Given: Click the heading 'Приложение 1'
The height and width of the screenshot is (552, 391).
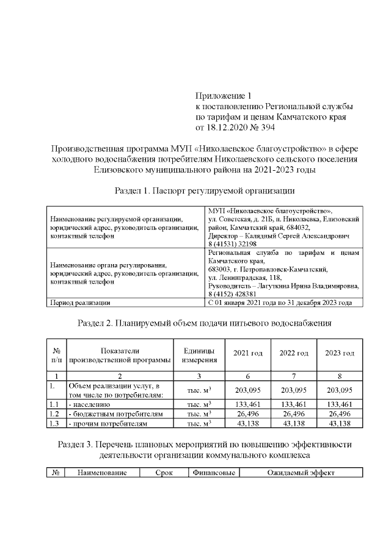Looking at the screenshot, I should pyautogui.click(x=223, y=95).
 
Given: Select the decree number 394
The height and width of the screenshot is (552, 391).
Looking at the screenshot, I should pyautogui.click(x=268, y=127).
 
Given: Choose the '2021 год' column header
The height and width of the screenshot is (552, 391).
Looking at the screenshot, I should pyautogui.click(x=248, y=354).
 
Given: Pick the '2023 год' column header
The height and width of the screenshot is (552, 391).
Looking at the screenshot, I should pyautogui.click(x=340, y=354).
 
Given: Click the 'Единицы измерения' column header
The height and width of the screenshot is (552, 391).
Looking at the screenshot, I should pyautogui.click(x=199, y=354).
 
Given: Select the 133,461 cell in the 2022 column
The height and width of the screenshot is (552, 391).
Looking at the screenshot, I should pyautogui.click(x=293, y=404).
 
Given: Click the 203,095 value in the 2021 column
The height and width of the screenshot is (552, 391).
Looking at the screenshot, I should pyautogui.click(x=248, y=390).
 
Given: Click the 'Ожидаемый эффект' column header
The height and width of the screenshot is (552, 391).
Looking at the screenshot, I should pyautogui.click(x=301, y=473).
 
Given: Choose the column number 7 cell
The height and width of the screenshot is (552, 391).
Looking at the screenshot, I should pyautogui.click(x=293, y=376).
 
